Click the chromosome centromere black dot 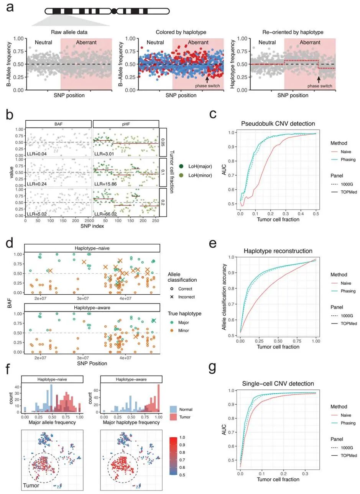tap(113, 11)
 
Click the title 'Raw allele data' tap(69, 32)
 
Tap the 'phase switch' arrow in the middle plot tap(207, 79)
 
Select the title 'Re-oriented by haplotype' tap(293, 32)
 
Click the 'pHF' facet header tap(126, 124)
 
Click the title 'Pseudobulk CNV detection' tap(278, 123)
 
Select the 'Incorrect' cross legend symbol tap(172, 297)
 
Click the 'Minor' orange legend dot tap(172, 330)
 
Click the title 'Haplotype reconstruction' tap(278, 251)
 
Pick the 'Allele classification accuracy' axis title tap(224, 297)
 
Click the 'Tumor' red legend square tap(173, 417)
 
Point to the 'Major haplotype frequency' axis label tap(131, 422)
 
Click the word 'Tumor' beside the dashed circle tap(31, 486)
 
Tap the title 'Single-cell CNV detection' tap(278, 384)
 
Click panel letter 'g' tap(212, 367)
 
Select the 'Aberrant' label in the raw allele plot tap(86, 42)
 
